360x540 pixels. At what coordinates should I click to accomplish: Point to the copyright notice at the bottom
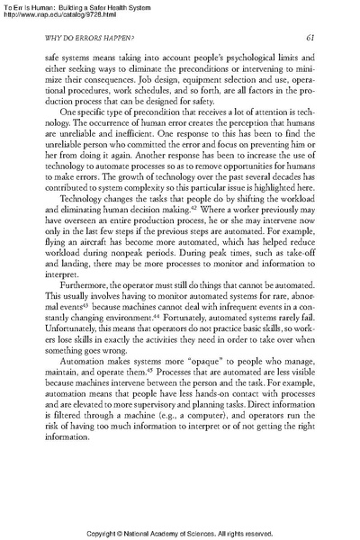180,533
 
